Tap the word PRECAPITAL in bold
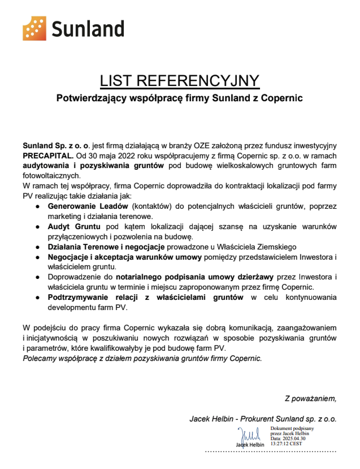47,156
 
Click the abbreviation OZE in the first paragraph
205,146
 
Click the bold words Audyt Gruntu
68,226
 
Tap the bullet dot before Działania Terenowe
37,247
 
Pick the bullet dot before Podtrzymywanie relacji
37,298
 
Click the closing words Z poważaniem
310,399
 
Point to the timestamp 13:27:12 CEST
287,444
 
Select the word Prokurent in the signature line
263,419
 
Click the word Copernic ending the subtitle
283,98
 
